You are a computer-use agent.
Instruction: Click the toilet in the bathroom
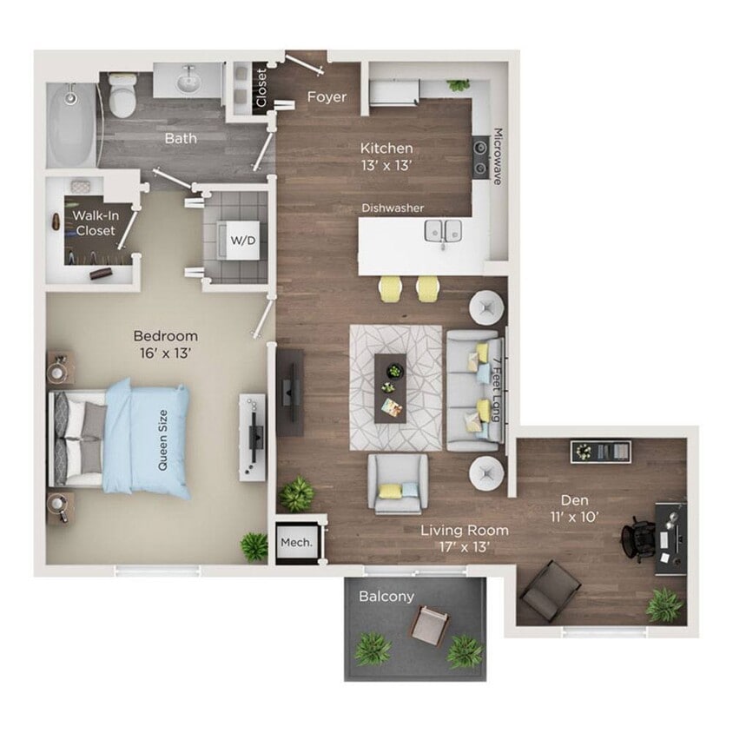click(x=122, y=95)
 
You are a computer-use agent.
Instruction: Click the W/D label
click(x=241, y=240)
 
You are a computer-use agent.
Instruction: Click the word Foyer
click(x=327, y=97)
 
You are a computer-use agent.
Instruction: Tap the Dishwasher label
click(x=393, y=208)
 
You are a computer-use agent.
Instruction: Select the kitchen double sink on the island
click(x=443, y=231)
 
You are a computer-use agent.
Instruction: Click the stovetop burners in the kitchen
click(x=479, y=157)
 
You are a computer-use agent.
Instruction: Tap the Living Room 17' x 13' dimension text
click(x=465, y=538)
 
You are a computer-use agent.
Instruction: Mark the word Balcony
click(x=386, y=597)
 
